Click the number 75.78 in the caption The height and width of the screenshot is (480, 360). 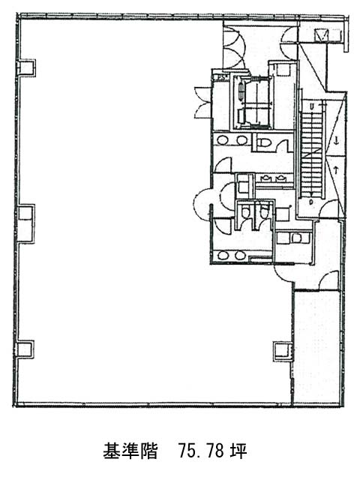pos(200,451)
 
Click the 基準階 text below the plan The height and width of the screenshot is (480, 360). pos(130,451)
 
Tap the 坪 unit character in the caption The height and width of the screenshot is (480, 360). pos(239,451)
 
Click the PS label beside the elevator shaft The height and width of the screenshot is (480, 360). pos(222,77)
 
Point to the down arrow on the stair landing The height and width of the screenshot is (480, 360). pos(336,141)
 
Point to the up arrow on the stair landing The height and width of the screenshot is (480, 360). pos(336,169)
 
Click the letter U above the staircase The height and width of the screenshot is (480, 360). pos(312,106)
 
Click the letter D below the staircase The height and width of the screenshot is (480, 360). pos(311,202)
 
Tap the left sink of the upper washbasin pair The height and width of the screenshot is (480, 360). pos(222,140)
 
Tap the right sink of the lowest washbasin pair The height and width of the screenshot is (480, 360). pos(239,255)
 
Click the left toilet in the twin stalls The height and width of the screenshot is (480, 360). pos(245,211)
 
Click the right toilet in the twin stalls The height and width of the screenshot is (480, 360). pos(264,211)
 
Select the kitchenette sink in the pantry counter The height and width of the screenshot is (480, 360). pos(296,238)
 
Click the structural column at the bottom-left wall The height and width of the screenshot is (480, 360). pos(25,349)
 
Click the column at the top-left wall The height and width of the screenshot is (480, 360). pos(26,67)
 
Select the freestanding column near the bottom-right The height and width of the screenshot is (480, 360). pos(283,349)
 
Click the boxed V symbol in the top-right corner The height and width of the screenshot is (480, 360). pos(322,35)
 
